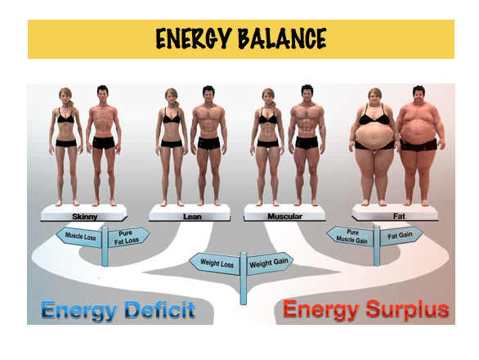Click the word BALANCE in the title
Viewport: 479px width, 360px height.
point(282,38)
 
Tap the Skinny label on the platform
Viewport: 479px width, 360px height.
point(85,217)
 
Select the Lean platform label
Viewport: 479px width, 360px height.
point(192,217)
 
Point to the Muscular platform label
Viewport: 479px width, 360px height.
point(284,216)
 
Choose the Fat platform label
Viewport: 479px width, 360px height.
point(399,216)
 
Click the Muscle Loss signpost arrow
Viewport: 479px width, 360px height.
point(79,236)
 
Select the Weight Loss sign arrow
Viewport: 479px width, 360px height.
point(215,263)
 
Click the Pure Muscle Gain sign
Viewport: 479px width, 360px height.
point(351,236)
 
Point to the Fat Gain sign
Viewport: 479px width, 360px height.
point(401,236)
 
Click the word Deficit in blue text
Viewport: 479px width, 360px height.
point(160,310)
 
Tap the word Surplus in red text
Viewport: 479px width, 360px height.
point(408,310)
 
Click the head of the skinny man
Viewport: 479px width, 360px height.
point(103,93)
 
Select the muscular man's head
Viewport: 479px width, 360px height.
point(307,93)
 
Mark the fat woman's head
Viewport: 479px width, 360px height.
point(375,97)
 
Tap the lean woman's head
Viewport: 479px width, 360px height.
point(172,97)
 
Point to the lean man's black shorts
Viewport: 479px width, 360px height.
point(208,143)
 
